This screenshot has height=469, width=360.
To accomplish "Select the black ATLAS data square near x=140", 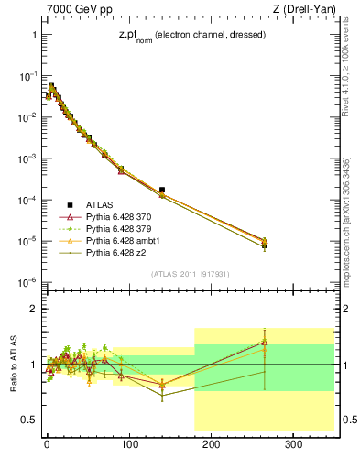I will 162,190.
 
